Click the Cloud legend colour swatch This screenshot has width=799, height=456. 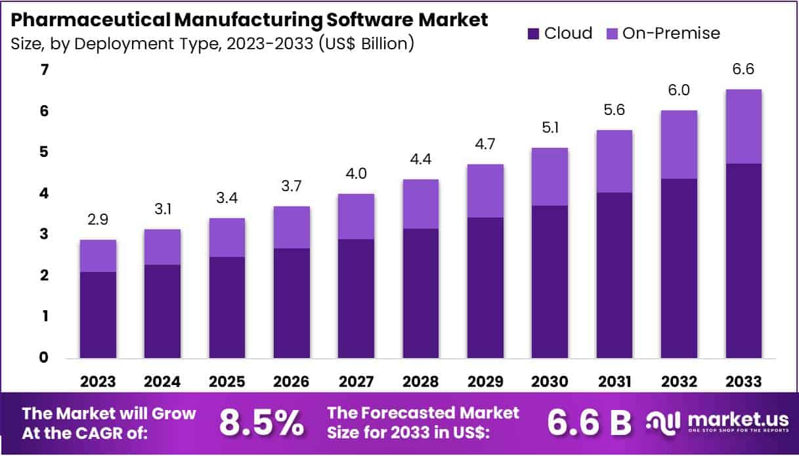(x=534, y=34)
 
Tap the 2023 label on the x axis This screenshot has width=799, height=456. (x=98, y=382)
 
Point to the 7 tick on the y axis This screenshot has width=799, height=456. (x=26, y=70)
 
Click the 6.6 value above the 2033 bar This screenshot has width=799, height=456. (x=743, y=70)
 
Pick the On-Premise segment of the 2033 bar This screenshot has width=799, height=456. (x=743, y=126)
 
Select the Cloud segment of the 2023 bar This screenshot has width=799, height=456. (x=98, y=315)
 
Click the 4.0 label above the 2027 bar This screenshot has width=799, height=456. (x=356, y=174)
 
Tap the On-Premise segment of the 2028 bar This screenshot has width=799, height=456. (x=421, y=204)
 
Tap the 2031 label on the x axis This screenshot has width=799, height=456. (x=614, y=382)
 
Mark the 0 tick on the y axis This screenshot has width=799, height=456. (x=26, y=357)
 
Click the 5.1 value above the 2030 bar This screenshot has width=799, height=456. (x=550, y=129)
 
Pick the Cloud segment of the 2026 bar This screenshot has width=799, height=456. (x=292, y=303)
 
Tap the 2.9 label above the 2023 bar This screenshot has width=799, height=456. (x=98, y=221)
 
